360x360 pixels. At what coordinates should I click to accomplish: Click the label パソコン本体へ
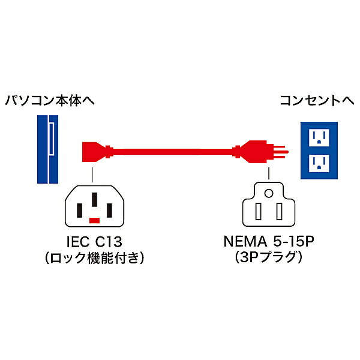[x=50, y=101]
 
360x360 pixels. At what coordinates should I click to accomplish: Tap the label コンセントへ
[x=317, y=101]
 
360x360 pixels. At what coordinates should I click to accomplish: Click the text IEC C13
[x=94, y=242]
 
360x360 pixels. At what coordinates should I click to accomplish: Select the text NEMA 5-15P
[x=269, y=241]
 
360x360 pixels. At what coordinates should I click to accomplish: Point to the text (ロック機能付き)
[x=94, y=258]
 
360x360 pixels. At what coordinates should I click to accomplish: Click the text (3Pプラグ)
[x=269, y=257]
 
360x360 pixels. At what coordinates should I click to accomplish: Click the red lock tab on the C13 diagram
[x=94, y=220]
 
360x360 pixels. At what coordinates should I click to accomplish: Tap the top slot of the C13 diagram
[x=94, y=200]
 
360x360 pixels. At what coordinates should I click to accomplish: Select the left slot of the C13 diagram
[x=79, y=211]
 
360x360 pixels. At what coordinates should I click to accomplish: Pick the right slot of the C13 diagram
[x=110, y=211]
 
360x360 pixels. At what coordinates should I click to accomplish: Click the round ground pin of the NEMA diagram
[x=269, y=193]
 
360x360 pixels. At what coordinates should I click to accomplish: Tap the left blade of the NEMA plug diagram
[x=258, y=211]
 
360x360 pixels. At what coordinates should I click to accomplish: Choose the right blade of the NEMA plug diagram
[x=279, y=211]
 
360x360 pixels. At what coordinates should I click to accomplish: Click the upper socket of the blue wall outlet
[x=319, y=137]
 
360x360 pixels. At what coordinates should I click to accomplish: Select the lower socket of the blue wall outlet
[x=319, y=163]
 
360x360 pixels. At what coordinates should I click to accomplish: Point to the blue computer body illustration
[x=47, y=149]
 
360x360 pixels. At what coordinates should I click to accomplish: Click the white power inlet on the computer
[x=52, y=139]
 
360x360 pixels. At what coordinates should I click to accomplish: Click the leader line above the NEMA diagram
[x=269, y=173]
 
